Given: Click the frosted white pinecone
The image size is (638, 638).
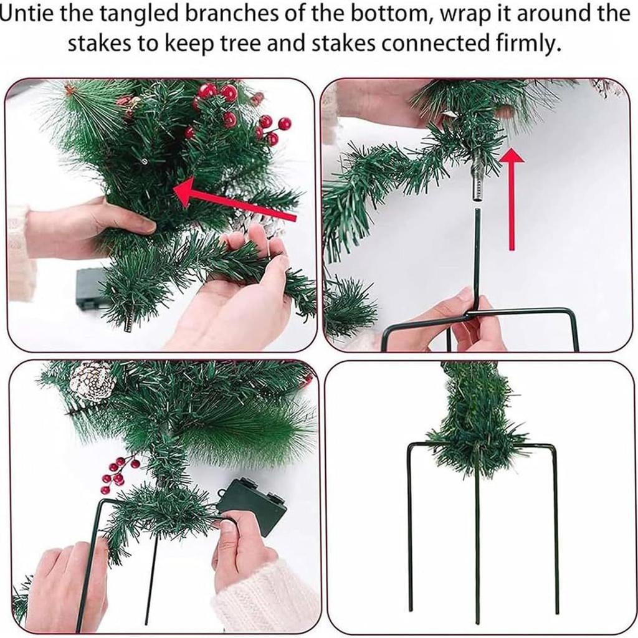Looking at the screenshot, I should [x=92, y=381].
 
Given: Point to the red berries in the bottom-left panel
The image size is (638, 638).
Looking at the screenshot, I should [x=118, y=471].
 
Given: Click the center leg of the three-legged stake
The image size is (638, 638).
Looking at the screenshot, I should [x=477, y=548].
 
